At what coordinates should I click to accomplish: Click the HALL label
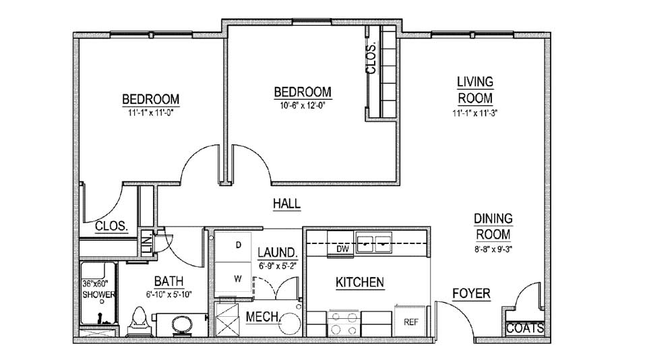click(x=286, y=203)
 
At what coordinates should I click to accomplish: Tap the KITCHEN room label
click(x=360, y=282)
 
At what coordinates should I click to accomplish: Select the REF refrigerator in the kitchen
click(x=410, y=322)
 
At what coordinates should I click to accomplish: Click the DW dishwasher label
click(x=342, y=249)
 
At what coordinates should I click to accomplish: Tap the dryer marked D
click(x=233, y=245)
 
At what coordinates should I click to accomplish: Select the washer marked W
click(x=233, y=278)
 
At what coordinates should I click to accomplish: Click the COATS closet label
click(x=525, y=328)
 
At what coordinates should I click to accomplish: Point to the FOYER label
click(x=471, y=294)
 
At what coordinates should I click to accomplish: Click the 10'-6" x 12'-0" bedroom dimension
click(x=303, y=105)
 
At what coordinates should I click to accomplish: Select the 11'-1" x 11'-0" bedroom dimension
click(x=151, y=113)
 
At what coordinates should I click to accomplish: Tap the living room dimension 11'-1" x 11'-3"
click(x=475, y=113)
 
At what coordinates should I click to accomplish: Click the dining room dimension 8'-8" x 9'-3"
click(x=493, y=249)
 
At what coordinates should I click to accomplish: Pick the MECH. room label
click(x=263, y=317)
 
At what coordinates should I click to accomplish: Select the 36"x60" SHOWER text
click(x=98, y=289)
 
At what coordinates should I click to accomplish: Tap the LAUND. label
click(x=278, y=253)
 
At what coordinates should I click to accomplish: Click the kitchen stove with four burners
click(x=344, y=324)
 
